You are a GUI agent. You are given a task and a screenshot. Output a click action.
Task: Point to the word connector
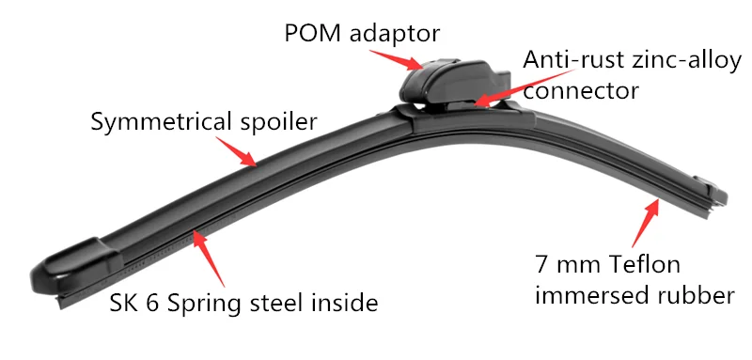pos(581,90)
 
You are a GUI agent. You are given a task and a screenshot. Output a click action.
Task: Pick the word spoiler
pos(273,121)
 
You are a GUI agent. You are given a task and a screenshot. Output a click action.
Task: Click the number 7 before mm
pos(540,264)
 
